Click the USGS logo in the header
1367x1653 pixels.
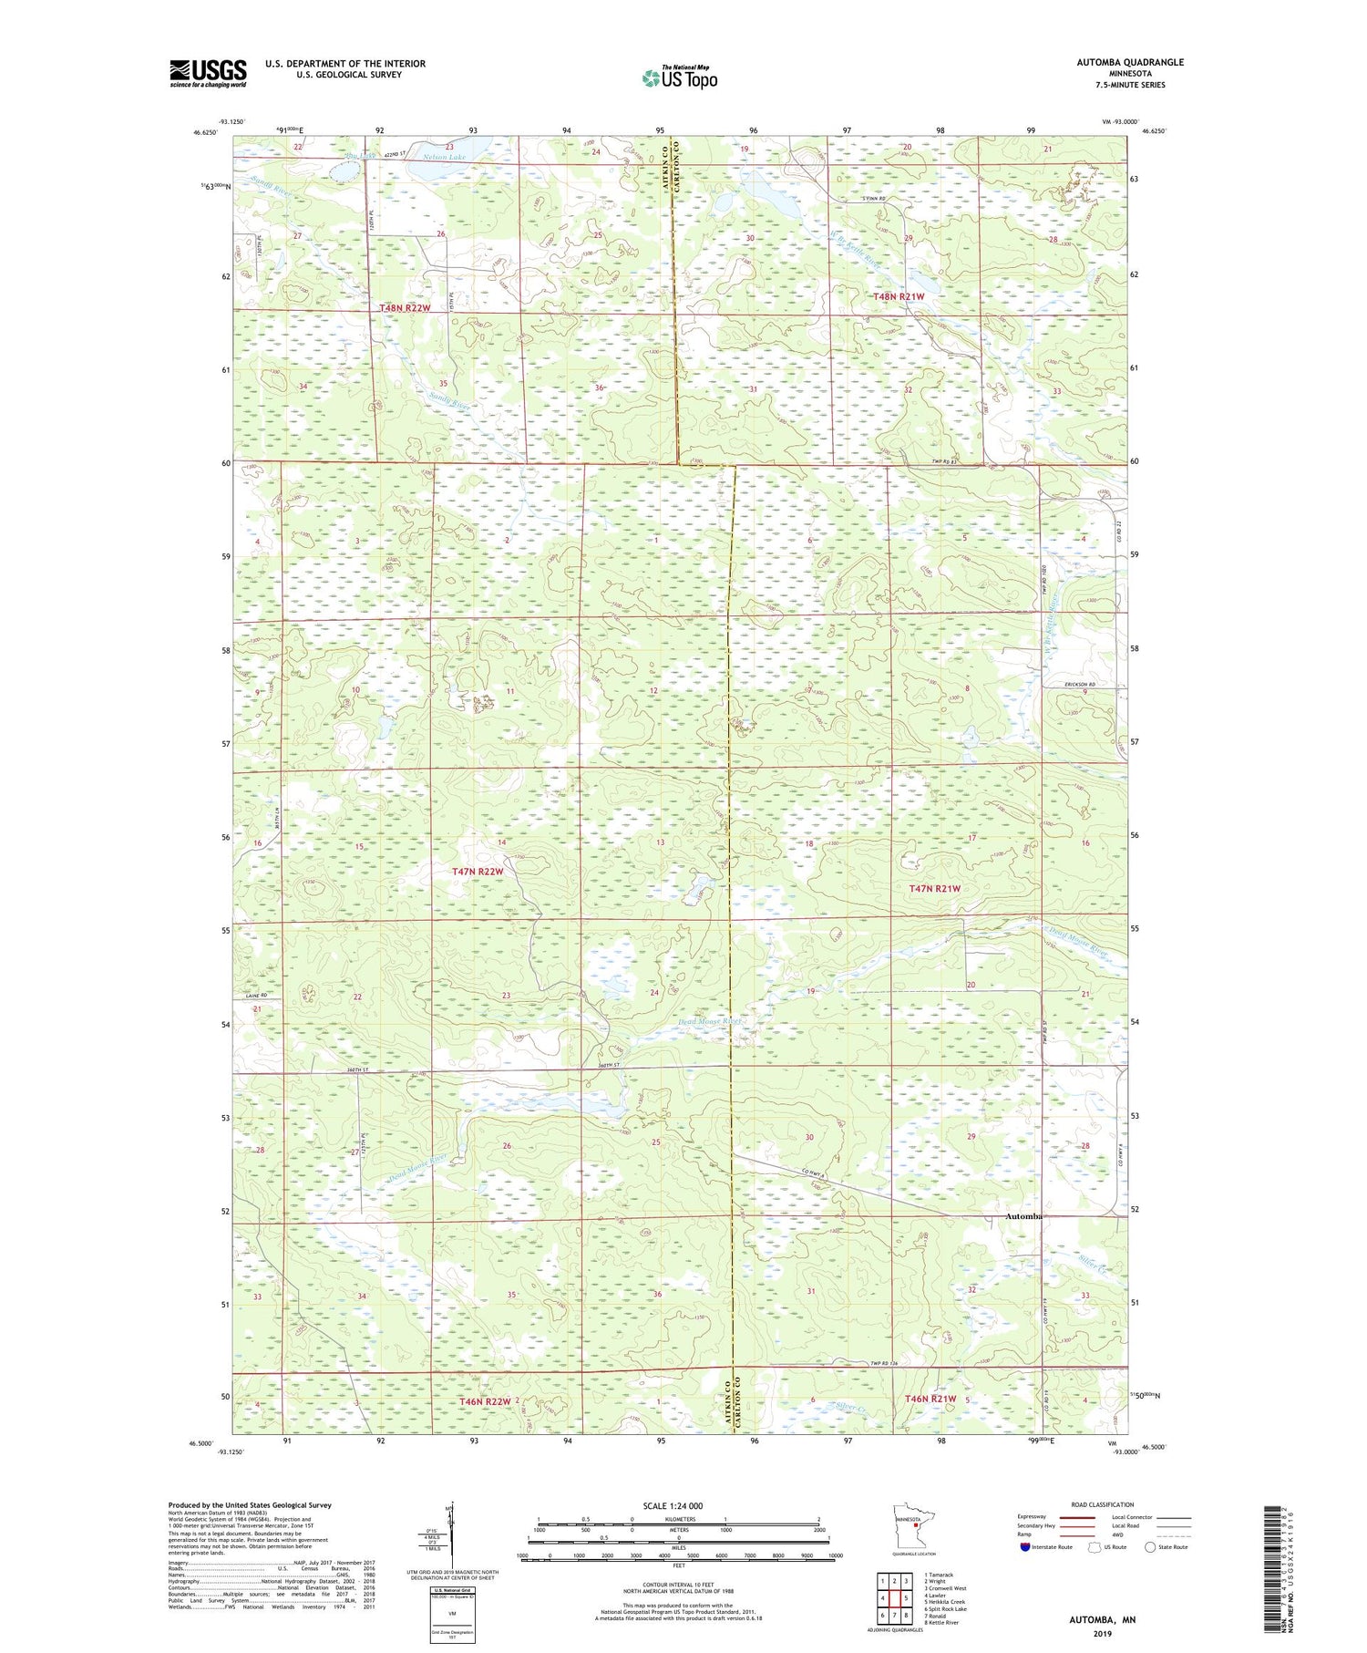coord(208,73)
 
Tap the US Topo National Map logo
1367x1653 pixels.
coord(679,77)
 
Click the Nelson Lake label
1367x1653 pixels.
coord(444,157)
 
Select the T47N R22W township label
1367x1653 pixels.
coord(478,872)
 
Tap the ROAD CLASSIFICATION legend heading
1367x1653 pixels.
coord(1103,1504)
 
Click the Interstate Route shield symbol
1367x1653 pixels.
coord(1025,1547)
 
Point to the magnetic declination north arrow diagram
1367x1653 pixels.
coord(448,1532)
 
